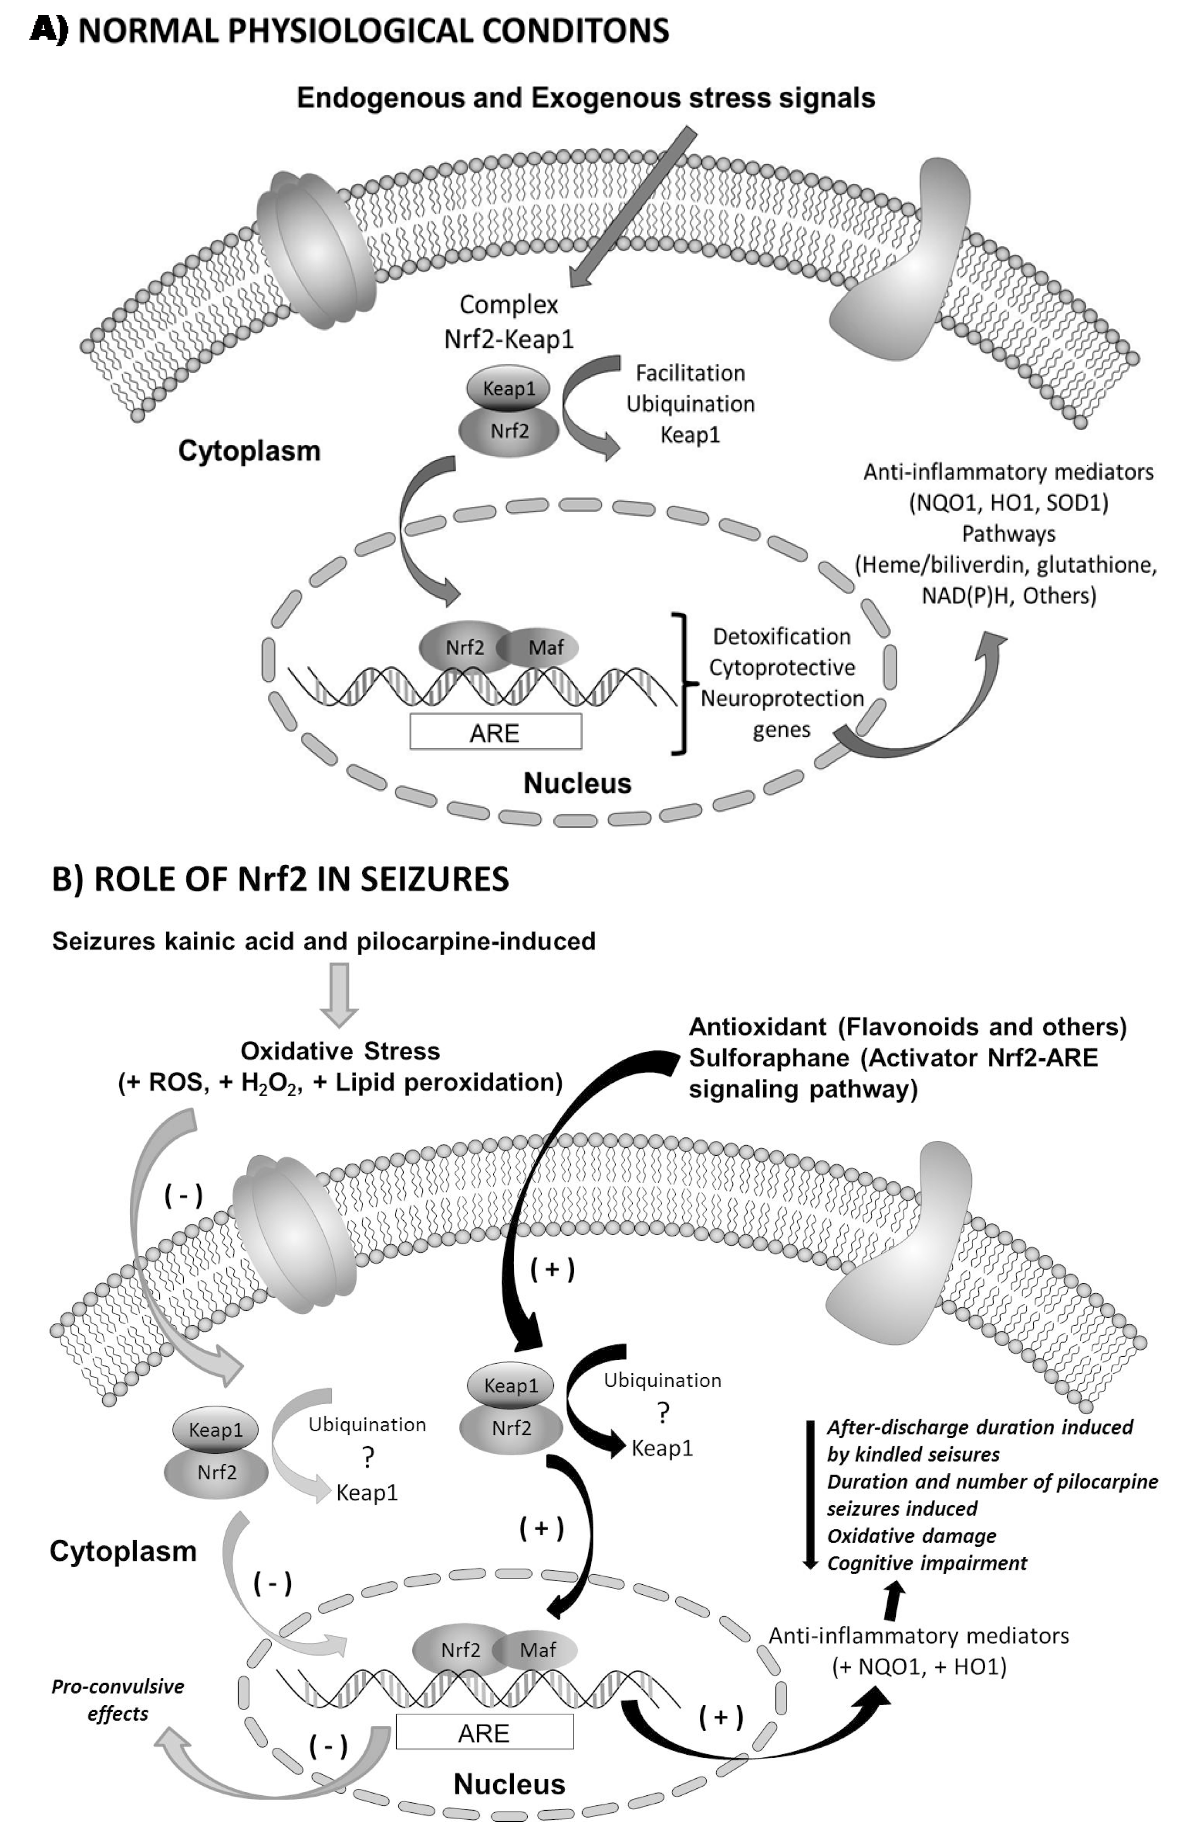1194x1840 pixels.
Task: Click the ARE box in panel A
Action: [495, 731]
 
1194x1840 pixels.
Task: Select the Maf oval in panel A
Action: [544, 647]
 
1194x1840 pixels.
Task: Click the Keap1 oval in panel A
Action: [509, 387]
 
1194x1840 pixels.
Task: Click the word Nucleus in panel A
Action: [577, 783]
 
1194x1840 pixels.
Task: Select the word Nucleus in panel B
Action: [509, 1784]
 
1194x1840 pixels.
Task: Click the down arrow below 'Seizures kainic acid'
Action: [339, 993]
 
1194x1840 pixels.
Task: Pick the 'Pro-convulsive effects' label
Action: [118, 1699]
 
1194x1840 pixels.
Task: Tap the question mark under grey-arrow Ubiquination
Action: [368, 1458]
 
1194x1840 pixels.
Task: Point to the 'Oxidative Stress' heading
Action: [340, 1051]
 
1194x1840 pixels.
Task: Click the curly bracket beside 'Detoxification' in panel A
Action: [682, 683]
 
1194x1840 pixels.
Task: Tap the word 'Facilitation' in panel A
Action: [690, 372]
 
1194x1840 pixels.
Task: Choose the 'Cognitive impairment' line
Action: [927, 1562]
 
